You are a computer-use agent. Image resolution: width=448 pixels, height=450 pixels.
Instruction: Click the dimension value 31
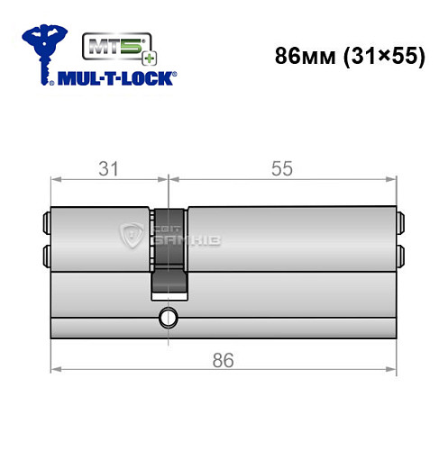(110, 167)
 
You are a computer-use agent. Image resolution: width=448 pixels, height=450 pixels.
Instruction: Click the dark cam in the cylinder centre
(168, 252)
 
